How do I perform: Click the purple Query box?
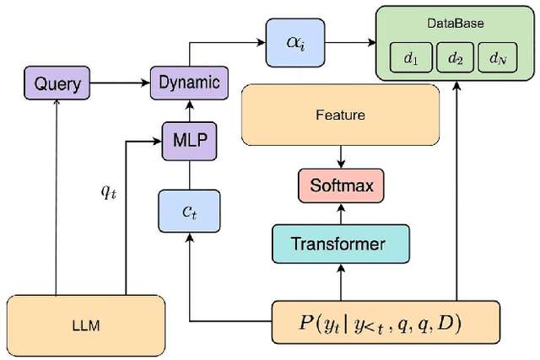(x=57, y=83)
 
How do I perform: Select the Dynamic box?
(x=189, y=83)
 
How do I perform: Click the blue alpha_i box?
(x=292, y=41)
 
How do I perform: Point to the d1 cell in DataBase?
(x=411, y=59)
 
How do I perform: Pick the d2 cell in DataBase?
(x=456, y=59)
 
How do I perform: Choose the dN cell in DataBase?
(x=501, y=59)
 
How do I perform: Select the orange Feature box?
(x=339, y=115)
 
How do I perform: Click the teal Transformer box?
(x=340, y=244)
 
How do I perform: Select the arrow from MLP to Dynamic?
(x=189, y=108)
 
